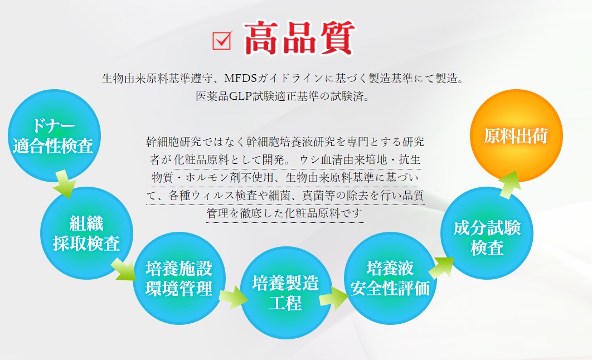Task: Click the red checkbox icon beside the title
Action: click(222, 40)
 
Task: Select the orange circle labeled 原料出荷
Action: click(516, 136)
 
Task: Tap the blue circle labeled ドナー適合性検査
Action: click(54, 136)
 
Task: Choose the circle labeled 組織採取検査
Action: click(86, 233)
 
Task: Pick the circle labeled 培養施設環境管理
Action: click(179, 279)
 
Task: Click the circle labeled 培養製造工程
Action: click(286, 293)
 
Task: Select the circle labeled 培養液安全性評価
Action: click(390, 279)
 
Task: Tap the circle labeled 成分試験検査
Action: click(487, 233)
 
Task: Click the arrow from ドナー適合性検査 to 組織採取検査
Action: click(64, 184)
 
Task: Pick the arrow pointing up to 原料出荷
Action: click(510, 185)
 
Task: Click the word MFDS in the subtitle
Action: click(240, 78)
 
